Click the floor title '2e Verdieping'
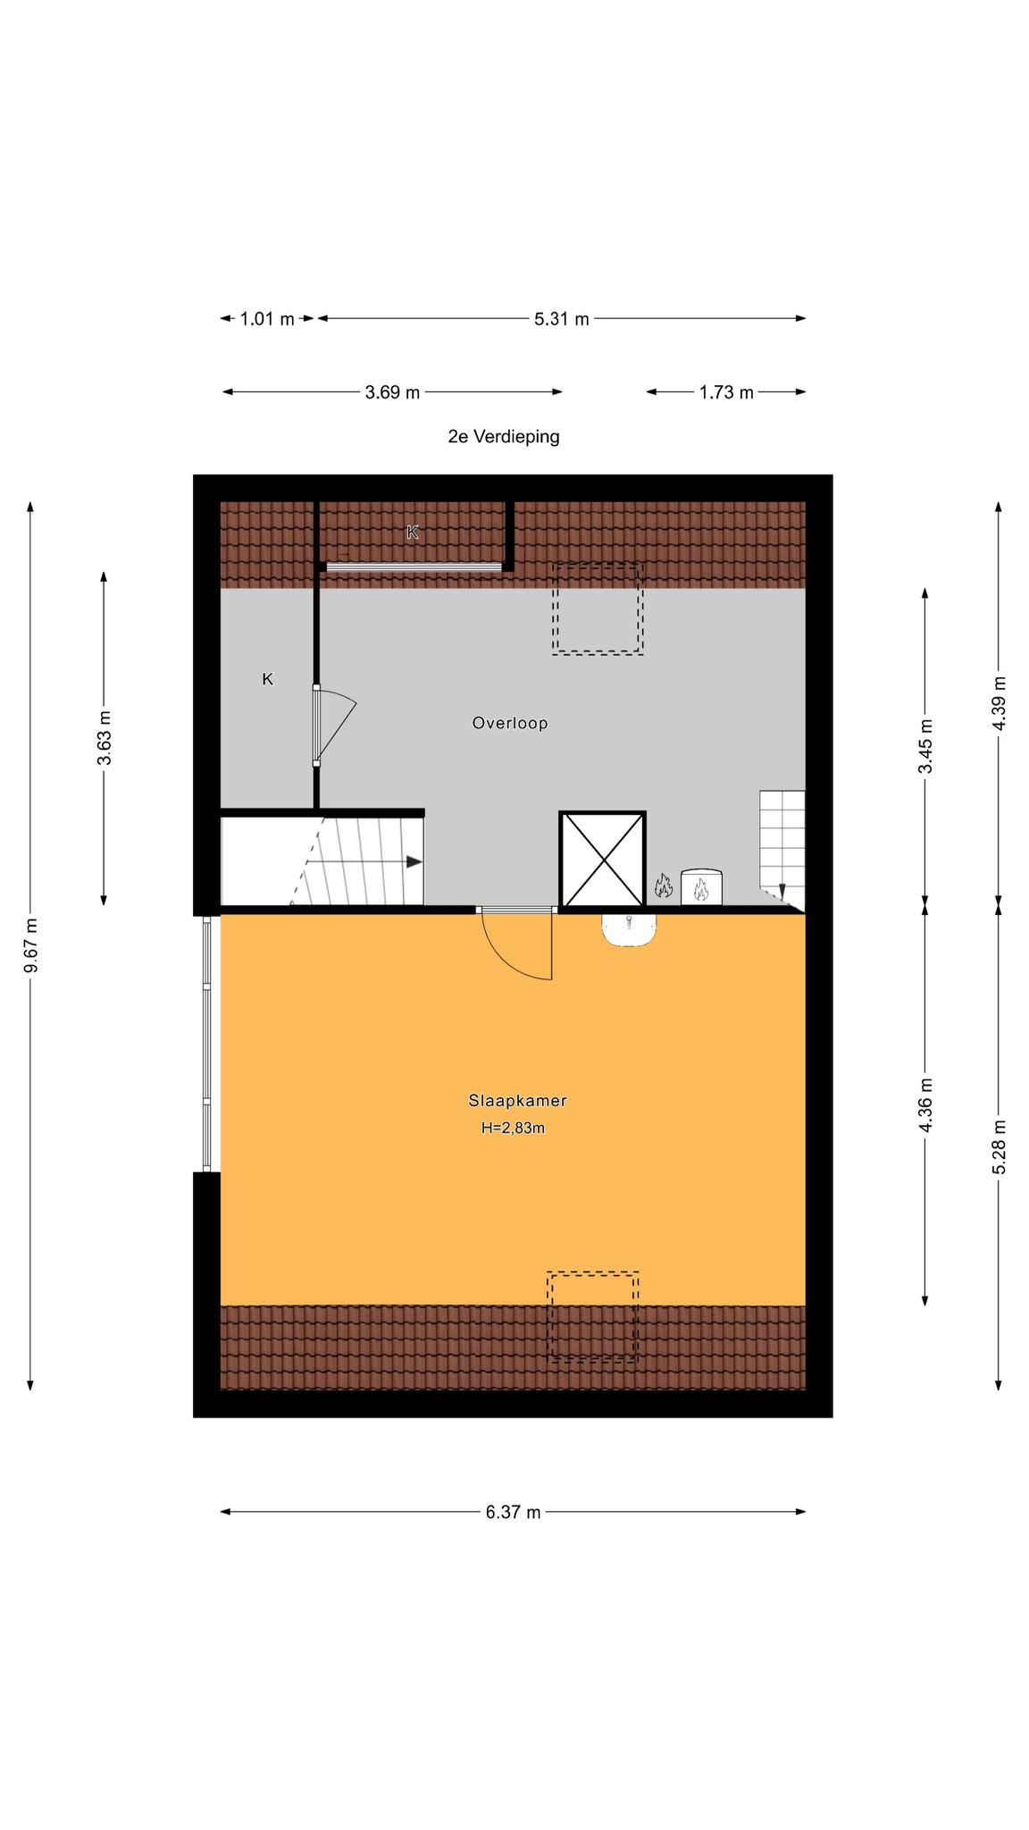504,437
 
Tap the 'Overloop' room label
510,723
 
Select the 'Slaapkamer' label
517,1101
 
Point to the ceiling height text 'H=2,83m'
513,1128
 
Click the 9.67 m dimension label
31,945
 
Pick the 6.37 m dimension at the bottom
513,1512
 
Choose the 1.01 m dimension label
267,318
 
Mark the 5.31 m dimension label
562,318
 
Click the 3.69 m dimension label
392,391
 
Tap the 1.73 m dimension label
726,391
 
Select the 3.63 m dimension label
105,737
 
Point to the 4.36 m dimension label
925,1105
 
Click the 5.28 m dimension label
1000,1146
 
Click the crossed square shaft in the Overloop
603,860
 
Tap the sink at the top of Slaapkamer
630,929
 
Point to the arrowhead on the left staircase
414,861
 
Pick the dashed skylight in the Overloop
598,609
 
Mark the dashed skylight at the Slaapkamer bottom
593,1316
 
